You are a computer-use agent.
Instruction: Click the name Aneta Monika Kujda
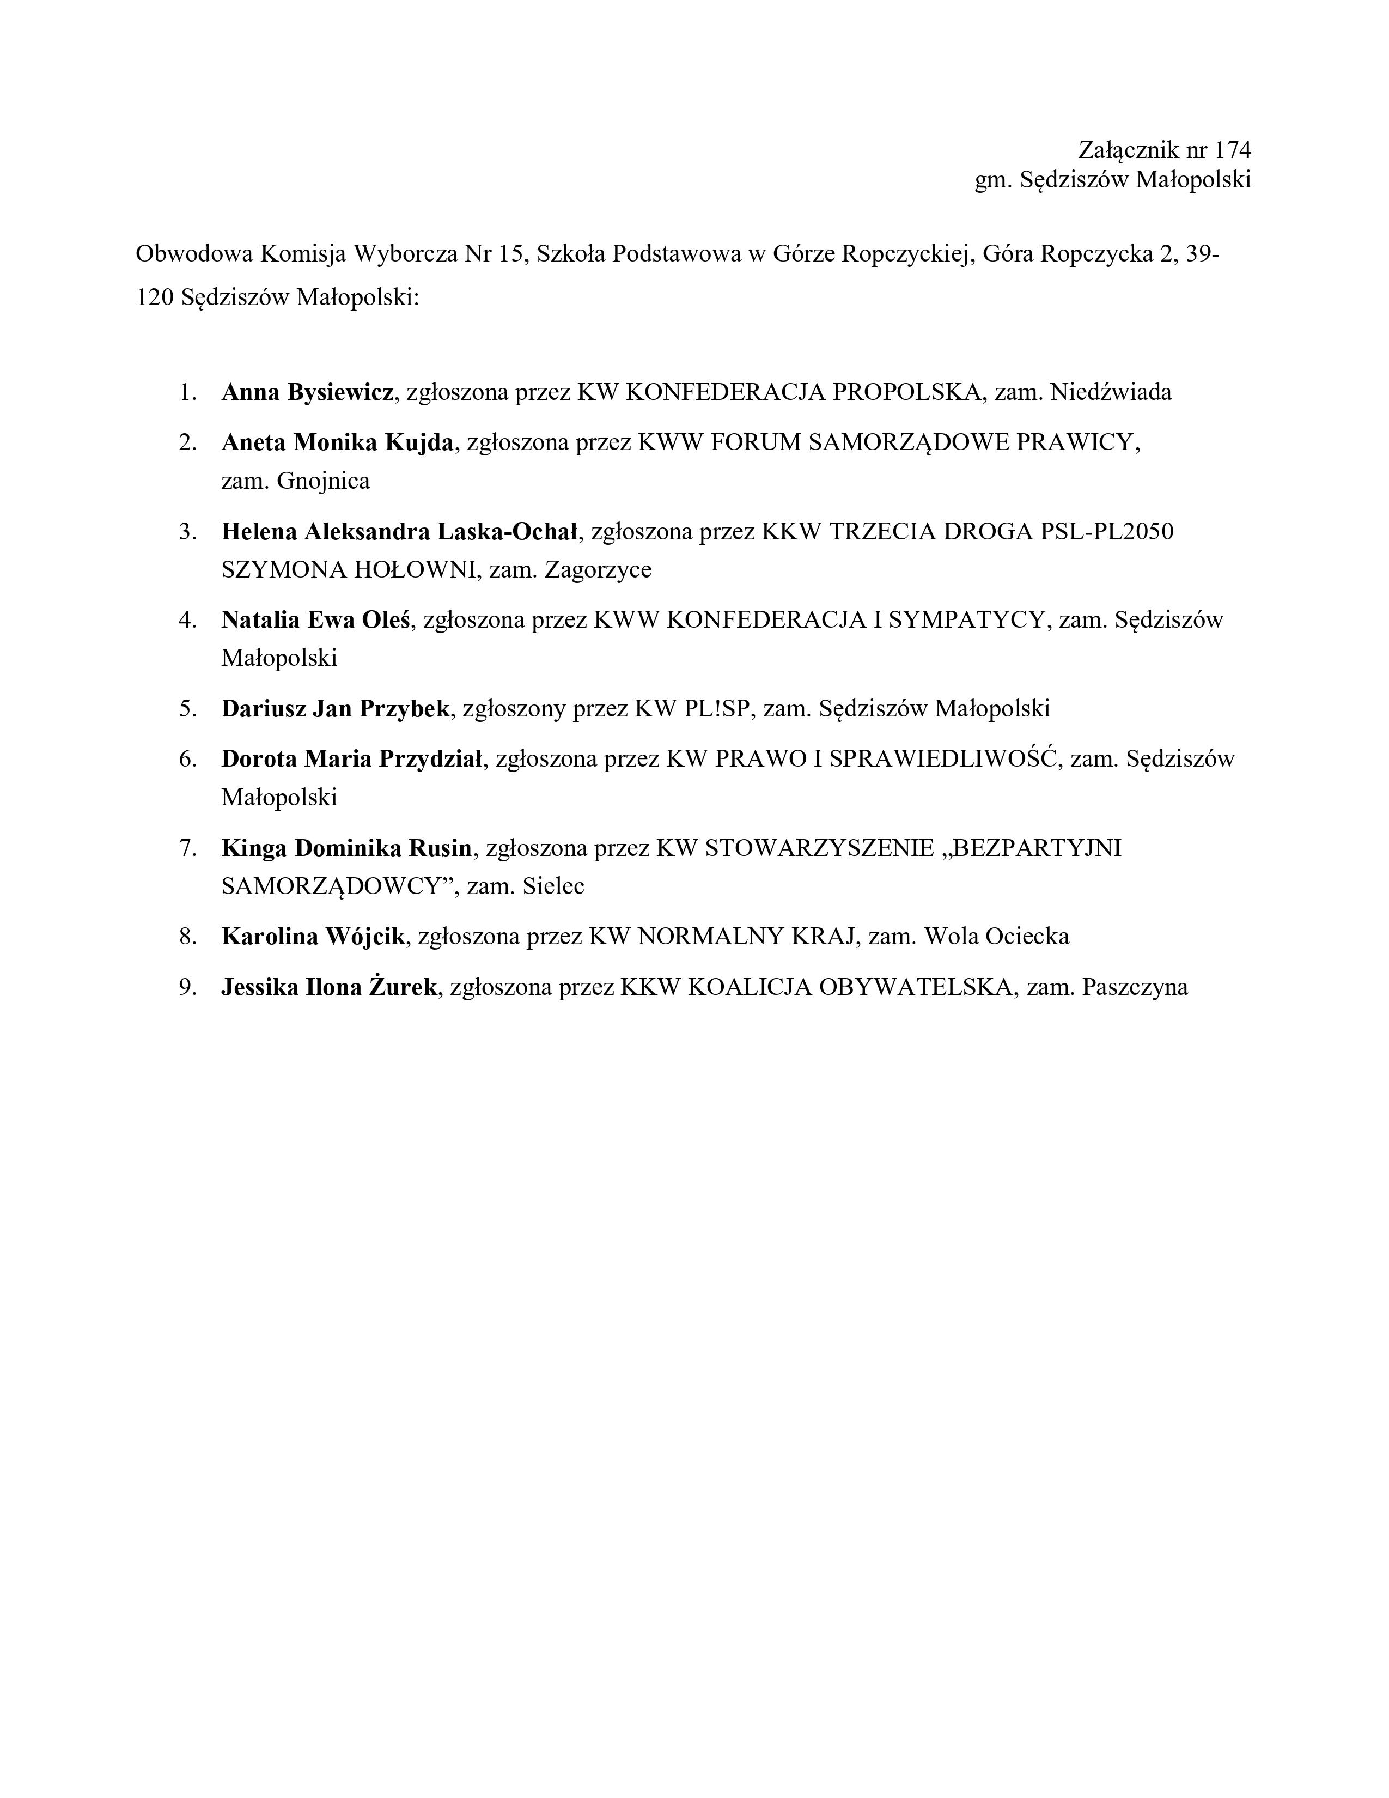[337, 443]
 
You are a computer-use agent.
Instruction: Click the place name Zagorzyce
[598, 570]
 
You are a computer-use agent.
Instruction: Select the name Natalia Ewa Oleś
[315, 620]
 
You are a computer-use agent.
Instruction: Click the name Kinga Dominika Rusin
[346, 848]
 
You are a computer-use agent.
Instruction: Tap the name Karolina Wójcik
[313, 937]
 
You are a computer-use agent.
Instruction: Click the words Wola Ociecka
[996, 937]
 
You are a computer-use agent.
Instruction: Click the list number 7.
[187, 848]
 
